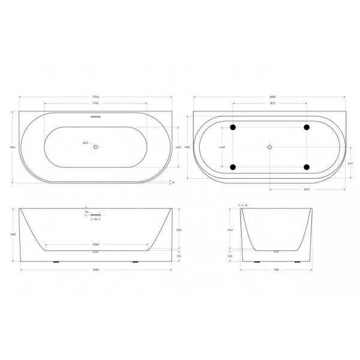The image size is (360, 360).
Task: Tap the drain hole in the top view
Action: [x=95, y=146]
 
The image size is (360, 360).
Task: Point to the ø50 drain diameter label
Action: [x=85, y=143]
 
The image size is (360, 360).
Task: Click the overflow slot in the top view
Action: [x=95, y=118]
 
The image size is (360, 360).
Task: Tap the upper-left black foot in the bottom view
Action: [x=233, y=127]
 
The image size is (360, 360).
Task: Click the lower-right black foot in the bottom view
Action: [x=307, y=167]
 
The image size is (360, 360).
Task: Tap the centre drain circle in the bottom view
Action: [x=270, y=147]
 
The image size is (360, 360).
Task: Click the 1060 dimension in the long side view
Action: [x=95, y=245]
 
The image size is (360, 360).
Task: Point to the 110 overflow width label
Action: [x=95, y=220]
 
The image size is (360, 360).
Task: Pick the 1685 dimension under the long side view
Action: [x=95, y=269]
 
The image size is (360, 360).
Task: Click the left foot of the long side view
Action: [x=56, y=262]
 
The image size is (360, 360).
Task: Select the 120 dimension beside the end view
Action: [x=230, y=256]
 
